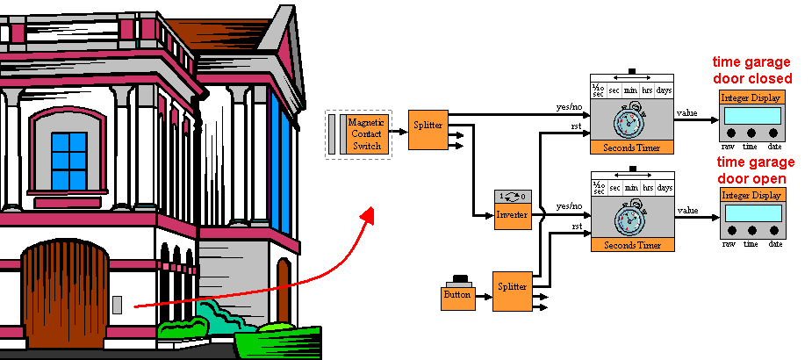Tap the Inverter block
[x=513, y=213]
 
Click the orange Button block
[x=456, y=296]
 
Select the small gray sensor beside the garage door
[x=117, y=306]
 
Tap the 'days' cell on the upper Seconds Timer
[x=663, y=90]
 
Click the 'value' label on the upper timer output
[x=688, y=112]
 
